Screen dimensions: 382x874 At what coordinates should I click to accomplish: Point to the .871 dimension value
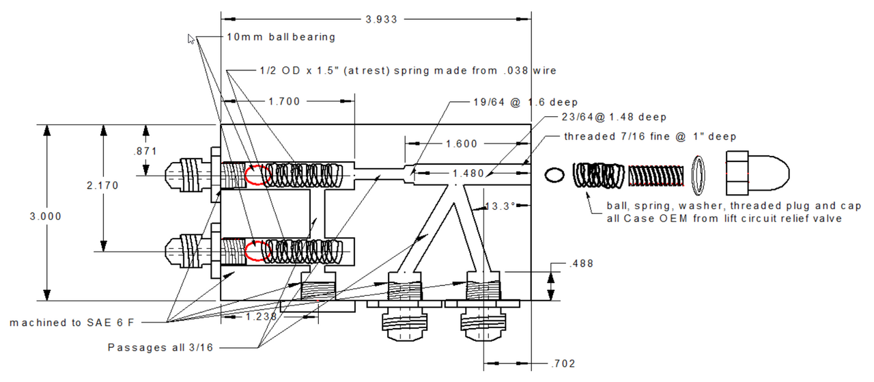point(145,150)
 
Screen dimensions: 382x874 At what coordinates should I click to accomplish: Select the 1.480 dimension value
point(468,174)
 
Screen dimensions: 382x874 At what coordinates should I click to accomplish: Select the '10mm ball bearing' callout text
point(281,37)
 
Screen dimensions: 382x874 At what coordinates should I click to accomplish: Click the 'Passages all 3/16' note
point(160,347)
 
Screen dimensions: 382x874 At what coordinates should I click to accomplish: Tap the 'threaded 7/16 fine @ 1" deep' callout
point(650,136)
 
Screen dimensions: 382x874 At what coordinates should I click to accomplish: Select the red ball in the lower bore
point(257,250)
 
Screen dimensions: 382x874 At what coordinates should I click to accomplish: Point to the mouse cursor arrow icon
point(192,39)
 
